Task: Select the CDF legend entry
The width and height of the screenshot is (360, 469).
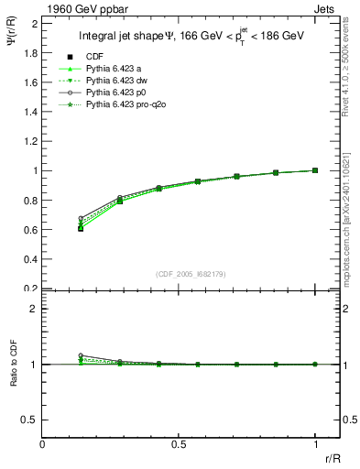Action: pos(93,57)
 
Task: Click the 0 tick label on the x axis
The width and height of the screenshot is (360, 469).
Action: pos(43,442)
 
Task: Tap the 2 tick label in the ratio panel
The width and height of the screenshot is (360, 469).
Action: pos(34,309)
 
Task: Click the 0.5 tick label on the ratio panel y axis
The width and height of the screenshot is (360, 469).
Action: pos(31,420)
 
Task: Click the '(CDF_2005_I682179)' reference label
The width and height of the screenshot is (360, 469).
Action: pos(191,275)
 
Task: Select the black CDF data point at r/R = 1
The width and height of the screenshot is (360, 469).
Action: pos(315,170)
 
